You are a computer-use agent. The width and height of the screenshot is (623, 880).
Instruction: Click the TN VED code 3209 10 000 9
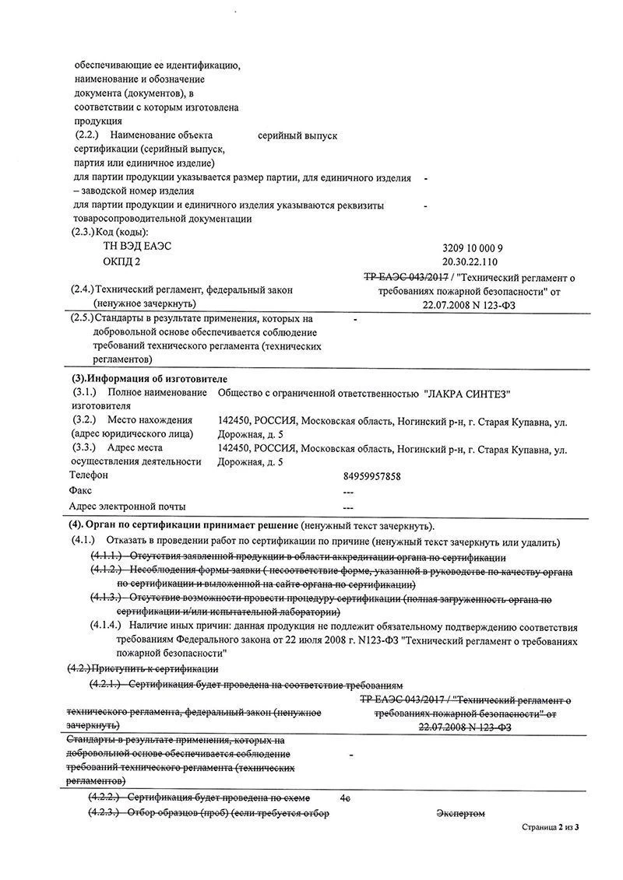(477, 247)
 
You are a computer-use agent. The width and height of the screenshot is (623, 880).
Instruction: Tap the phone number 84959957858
(371, 475)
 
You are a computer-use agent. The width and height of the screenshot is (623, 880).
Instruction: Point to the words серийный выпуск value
(297, 135)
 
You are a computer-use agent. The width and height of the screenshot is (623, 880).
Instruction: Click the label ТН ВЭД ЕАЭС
(137, 246)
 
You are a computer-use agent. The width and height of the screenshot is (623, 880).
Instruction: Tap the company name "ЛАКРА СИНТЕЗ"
(473, 392)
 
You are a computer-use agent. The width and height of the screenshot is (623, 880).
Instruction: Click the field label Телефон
(89, 475)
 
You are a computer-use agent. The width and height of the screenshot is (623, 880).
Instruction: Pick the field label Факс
(80, 490)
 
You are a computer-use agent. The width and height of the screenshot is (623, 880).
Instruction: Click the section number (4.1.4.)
(105, 624)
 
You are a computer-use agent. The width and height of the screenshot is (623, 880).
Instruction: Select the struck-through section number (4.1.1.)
(105, 557)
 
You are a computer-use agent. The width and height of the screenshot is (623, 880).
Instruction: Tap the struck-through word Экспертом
(460, 814)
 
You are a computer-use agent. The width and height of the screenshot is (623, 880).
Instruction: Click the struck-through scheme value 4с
(346, 798)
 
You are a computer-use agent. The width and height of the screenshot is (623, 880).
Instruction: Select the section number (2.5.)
(82, 318)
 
